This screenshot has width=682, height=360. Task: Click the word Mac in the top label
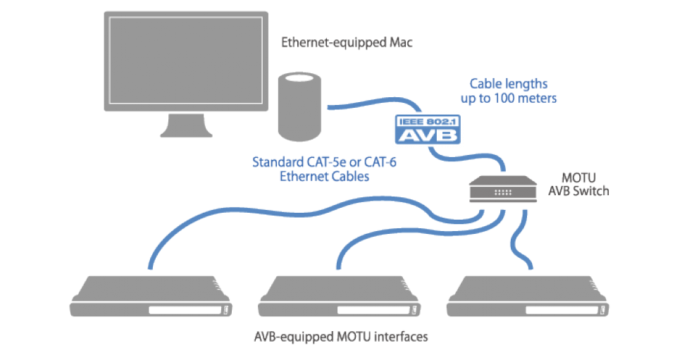tap(400, 42)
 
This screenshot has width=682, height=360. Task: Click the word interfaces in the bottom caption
tap(400, 337)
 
